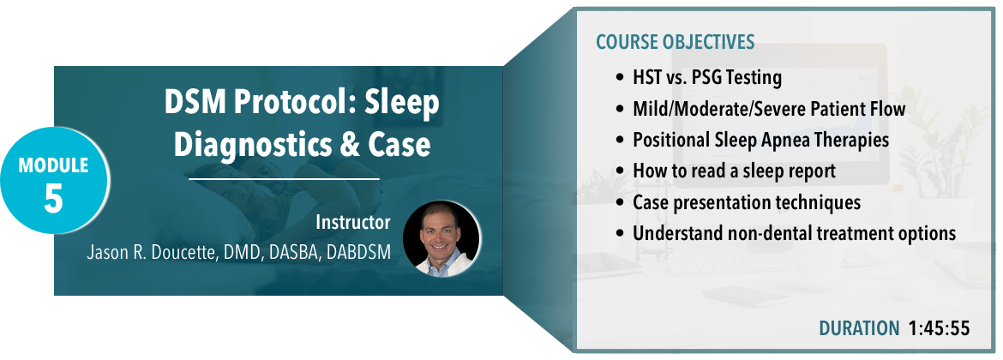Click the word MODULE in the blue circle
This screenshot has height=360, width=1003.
[54, 165]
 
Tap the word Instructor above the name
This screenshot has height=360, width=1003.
[352, 222]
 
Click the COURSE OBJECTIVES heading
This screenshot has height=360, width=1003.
[676, 43]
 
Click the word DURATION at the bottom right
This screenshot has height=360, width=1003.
[859, 328]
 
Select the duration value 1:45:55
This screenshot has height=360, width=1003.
[939, 328]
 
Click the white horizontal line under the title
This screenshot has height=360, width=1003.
[284, 180]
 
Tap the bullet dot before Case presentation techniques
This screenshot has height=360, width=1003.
[619, 203]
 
